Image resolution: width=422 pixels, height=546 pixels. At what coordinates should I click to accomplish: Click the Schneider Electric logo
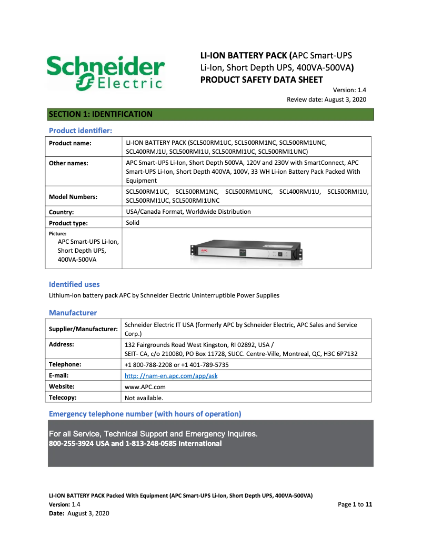[x=105, y=73]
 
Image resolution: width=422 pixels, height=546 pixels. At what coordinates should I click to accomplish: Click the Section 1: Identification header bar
[x=210, y=114]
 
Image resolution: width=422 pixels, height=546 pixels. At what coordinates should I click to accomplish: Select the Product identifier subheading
[x=80, y=130]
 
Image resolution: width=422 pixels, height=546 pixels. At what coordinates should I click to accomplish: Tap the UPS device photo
[x=246, y=249]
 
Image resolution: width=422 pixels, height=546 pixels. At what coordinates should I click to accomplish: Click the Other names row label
[x=68, y=163]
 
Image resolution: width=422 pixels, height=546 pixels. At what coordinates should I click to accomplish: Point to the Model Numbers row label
[x=73, y=196]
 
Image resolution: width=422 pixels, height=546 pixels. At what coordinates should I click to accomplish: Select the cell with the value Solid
[x=133, y=223]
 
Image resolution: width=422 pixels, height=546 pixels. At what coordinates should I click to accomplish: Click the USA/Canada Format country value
[x=188, y=212]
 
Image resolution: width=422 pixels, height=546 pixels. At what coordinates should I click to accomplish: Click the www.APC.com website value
[x=141, y=386]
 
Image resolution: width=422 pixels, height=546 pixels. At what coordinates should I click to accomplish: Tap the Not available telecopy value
[x=144, y=398]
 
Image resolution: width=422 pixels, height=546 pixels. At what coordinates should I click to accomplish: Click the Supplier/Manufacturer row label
[x=83, y=329]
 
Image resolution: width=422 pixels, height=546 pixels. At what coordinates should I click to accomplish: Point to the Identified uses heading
[x=74, y=284]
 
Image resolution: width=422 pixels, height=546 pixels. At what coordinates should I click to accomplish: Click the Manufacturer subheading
[x=73, y=313]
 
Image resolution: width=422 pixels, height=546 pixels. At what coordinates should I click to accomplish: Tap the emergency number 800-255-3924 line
[x=135, y=443]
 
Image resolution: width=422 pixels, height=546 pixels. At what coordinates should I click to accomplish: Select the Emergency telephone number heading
[x=145, y=414]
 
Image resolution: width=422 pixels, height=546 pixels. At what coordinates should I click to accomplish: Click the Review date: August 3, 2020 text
[x=326, y=100]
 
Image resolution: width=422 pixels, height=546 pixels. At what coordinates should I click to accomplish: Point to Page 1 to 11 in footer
[x=355, y=504]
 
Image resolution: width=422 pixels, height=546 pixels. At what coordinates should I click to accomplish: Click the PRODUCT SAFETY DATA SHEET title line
[x=262, y=80]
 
